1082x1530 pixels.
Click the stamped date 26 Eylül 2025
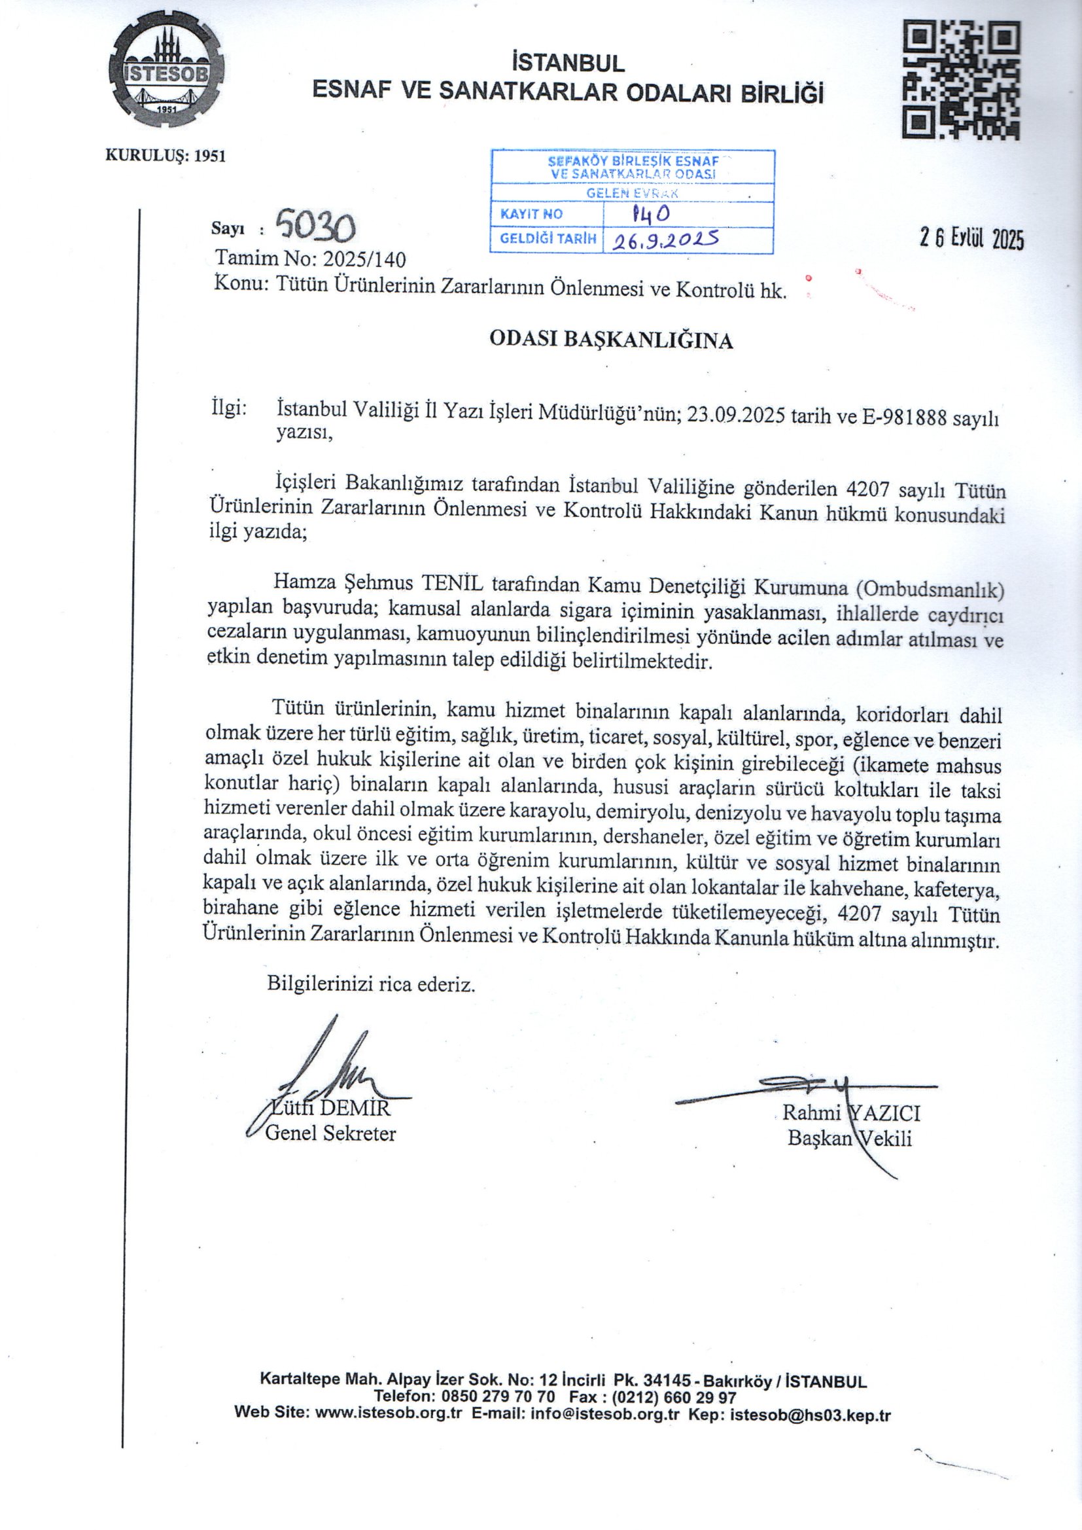click(971, 238)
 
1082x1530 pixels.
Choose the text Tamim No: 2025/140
click(310, 258)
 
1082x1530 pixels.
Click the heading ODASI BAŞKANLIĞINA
click(611, 340)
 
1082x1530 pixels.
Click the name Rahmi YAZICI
click(851, 1112)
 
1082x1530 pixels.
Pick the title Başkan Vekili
click(850, 1137)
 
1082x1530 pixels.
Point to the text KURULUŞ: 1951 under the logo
click(166, 156)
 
